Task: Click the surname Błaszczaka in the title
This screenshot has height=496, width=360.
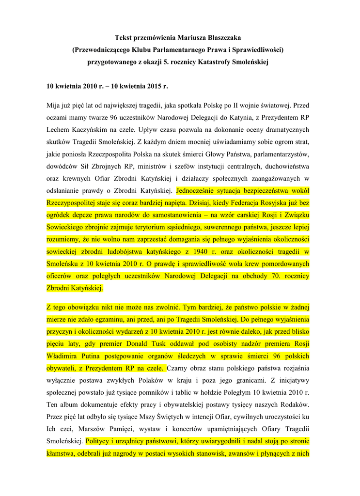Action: (x=220, y=37)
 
